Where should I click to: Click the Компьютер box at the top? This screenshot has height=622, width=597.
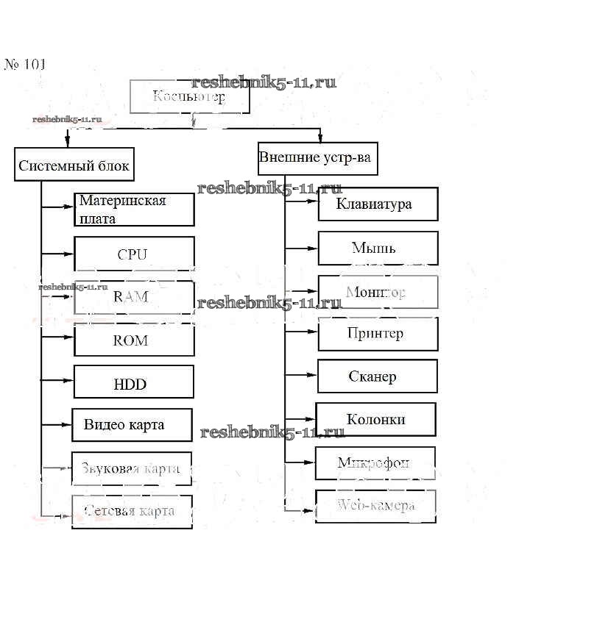click(x=190, y=96)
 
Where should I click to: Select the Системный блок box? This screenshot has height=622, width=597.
click(x=74, y=165)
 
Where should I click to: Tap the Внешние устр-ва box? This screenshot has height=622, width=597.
click(x=317, y=158)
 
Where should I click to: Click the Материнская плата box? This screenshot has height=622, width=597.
click(x=134, y=210)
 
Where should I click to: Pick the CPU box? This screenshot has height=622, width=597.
click(x=134, y=254)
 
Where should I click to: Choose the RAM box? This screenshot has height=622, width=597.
click(x=133, y=297)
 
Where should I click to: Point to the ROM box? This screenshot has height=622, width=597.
click(x=133, y=340)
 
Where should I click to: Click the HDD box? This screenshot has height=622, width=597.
click(x=133, y=382)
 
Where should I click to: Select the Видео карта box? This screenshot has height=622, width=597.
click(x=132, y=425)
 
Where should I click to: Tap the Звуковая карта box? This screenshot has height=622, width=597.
click(x=132, y=468)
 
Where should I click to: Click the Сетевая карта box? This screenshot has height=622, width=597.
click(x=132, y=511)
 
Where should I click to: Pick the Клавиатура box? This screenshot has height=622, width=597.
click(x=378, y=204)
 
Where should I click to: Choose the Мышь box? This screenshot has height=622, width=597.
click(x=378, y=248)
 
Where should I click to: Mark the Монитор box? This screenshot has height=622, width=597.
click(x=378, y=292)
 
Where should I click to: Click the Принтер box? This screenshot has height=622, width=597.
click(x=378, y=334)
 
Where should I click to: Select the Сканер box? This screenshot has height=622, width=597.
click(x=377, y=376)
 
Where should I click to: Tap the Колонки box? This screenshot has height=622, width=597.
click(x=375, y=419)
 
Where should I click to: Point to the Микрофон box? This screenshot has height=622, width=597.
click(x=375, y=463)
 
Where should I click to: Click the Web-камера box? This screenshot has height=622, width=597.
click(x=375, y=506)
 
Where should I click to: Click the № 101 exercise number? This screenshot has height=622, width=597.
click(x=26, y=64)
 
